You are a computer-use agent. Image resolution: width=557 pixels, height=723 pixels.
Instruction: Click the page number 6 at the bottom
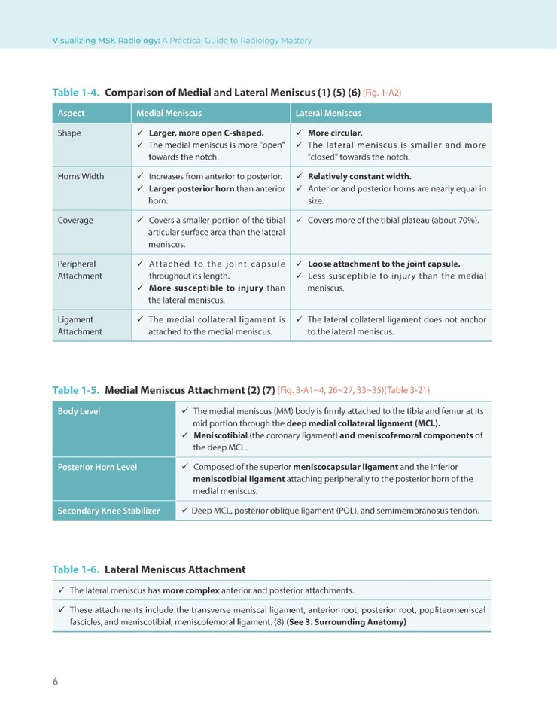[x=55, y=682]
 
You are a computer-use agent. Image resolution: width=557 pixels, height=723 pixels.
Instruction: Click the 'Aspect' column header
[x=72, y=113]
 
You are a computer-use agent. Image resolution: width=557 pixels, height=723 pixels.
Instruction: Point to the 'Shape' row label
[x=69, y=133]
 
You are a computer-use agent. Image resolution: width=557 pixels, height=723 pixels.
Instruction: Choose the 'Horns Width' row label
[x=81, y=177]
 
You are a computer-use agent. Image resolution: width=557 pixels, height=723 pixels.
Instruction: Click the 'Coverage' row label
[x=75, y=221]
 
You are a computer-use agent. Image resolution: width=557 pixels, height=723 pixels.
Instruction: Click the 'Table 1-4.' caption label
[x=76, y=93]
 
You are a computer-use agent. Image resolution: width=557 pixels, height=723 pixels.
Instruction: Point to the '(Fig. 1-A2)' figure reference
[x=382, y=93]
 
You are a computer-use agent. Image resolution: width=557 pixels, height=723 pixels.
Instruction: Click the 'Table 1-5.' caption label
[x=76, y=390]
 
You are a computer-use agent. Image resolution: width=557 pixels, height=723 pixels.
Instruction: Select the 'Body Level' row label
[x=79, y=412]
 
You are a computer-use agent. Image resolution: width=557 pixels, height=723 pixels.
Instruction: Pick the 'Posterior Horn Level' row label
[x=97, y=467]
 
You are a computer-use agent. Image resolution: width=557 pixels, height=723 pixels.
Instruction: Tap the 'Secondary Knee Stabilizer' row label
[x=108, y=511]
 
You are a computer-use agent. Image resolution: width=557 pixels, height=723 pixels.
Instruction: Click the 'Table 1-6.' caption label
[x=76, y=569]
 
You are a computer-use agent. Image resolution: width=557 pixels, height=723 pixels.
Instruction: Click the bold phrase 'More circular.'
[x=335, y=133]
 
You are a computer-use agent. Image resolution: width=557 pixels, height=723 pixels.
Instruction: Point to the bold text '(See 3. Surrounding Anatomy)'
[x=346, y=622]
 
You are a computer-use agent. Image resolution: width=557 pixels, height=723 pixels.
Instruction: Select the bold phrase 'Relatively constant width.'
[x=359, y=177]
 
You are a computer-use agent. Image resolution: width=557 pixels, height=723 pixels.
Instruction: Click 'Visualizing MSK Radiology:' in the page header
[x=105, y=41]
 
